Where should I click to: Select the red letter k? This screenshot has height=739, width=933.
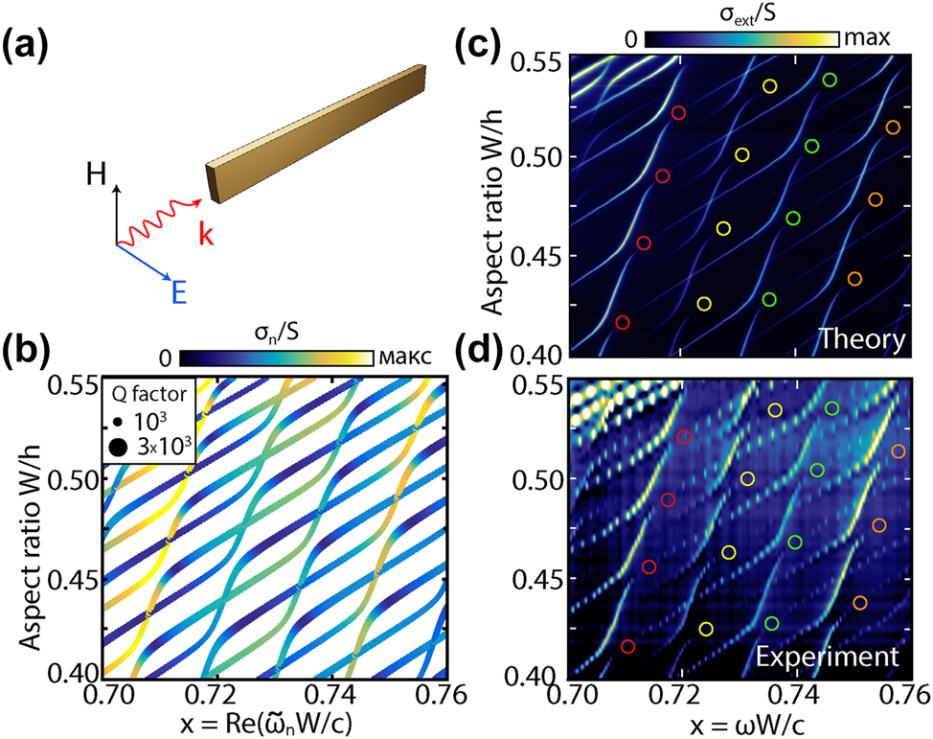(205, 235)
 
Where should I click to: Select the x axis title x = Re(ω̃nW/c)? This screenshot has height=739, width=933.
(273, 720)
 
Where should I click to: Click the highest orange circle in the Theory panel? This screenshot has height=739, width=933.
(893, 127)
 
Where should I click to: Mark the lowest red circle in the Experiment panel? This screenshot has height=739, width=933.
(628, 646)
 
